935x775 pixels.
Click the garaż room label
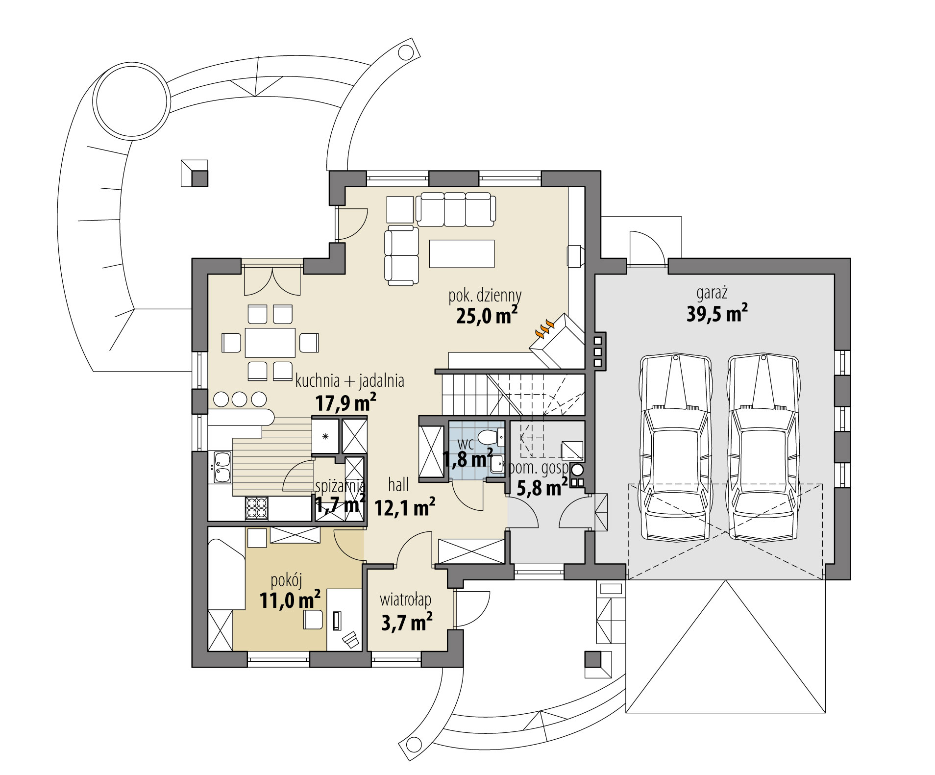pyautogui.click(x=712, y=294)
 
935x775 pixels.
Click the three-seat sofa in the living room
pyautogui.click(x=456, y=209)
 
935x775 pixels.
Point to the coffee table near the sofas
pyautogui.click(x=462, y=253)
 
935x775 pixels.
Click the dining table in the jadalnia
pyautogui.click(x=270, y=342)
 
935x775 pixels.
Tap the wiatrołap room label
pyautogui.click(x=405, y=600)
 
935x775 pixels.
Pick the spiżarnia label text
pyautogui.click(x=340, y=486)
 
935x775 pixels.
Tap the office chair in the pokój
pyautogui.click(x=312, y=619)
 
